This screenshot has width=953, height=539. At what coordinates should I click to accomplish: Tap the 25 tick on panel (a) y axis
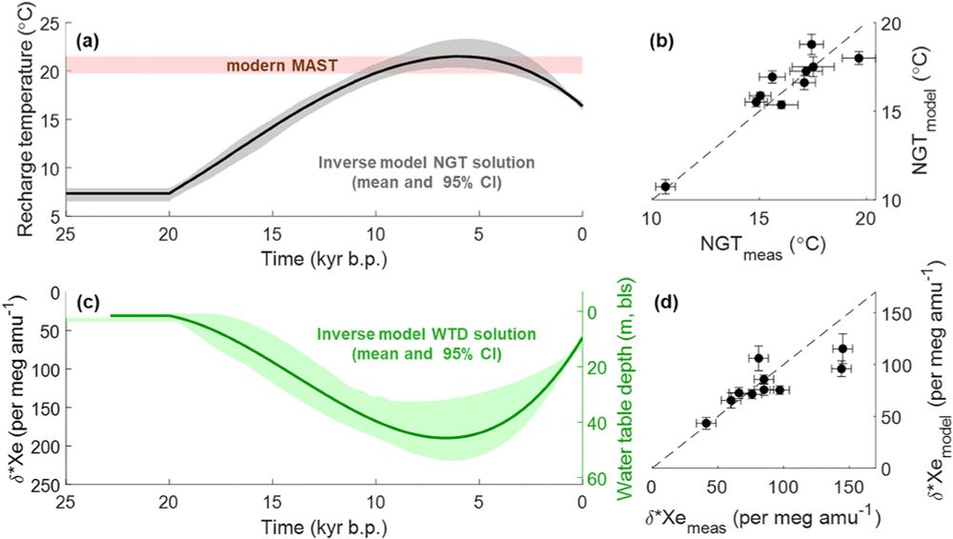pyautogui.click(x=50, y=23)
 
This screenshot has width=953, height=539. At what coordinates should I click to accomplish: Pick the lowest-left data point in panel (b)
pyautogui.click(x=665, y=186)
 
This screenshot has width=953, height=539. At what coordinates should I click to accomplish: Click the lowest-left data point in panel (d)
pyautogui.click(x=706, y=423)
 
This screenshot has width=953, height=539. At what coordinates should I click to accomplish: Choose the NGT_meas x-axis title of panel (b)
pyautogui.click(x=758, y=243)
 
